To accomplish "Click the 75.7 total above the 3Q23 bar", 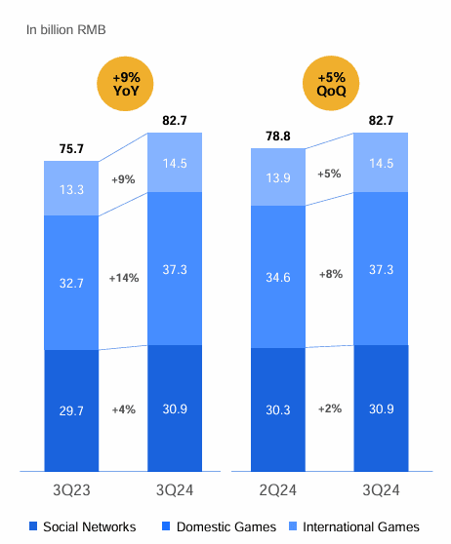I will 71,150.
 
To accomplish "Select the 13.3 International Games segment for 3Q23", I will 71,188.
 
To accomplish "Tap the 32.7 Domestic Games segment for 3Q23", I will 71,283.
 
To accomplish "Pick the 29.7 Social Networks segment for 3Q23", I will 71,410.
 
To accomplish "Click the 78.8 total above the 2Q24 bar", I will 278,137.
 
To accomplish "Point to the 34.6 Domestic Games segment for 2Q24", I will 278,276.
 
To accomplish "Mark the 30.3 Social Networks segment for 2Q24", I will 278,409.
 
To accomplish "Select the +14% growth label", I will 124,278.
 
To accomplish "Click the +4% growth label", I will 124,409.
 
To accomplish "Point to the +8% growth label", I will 330,275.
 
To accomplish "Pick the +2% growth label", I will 330,409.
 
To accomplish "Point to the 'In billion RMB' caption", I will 66,30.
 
